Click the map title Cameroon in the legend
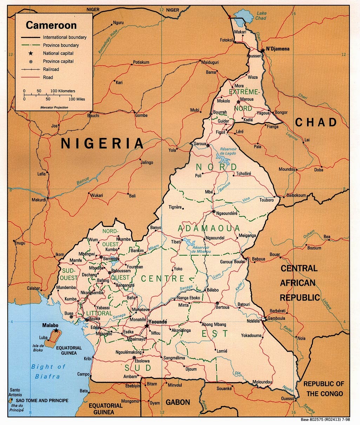[51, 25]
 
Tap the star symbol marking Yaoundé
[147, 326]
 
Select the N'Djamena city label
[278, 49]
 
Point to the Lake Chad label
[261, 16]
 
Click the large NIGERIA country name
[102, 143]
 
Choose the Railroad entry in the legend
[51, 69]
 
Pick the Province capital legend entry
[58, 61]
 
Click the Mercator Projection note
[54, 106]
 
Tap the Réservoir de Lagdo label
[228, 151]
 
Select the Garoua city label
[200, 144]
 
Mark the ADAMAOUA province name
[209, 229]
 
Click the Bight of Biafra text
[48, 372]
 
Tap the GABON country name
[178, 402]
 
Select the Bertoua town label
[222, 307]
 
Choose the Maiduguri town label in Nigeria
[210, 62]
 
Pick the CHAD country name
[316, 122]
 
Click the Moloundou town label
[263, 382]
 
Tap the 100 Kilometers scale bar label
[62, 91]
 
